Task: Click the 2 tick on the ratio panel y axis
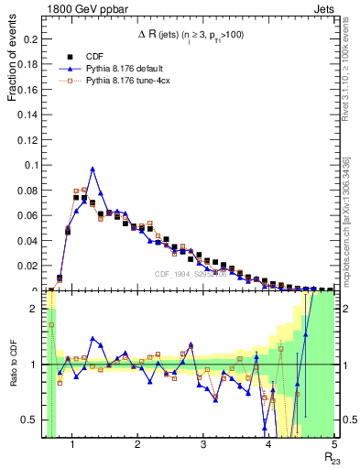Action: (x=38, y=310)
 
